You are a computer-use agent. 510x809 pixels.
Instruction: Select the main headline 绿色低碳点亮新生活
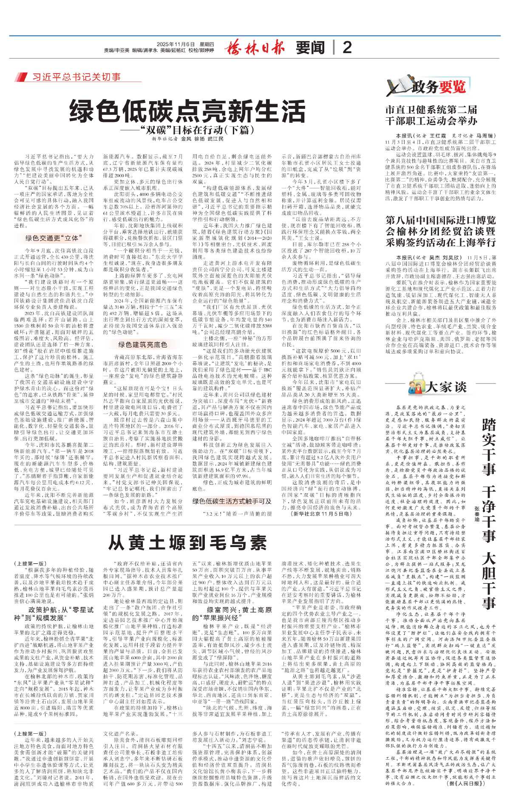[187, 111]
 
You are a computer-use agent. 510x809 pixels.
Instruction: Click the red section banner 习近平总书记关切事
[76, 77]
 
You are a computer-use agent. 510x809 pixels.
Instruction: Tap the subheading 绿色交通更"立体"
[54, 238]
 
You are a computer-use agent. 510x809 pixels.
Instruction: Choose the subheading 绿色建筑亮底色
[142, 344]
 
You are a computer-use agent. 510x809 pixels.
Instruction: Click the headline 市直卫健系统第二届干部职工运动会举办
[431, 115]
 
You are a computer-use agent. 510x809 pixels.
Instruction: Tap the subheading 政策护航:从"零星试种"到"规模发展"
[54, 613]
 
